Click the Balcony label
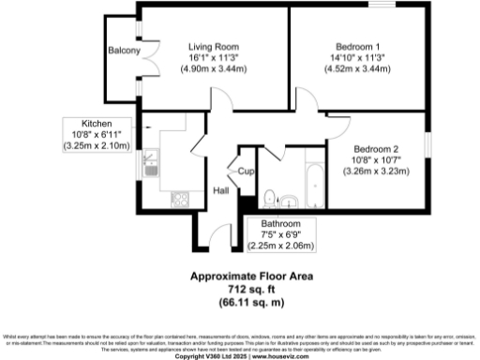[x=124, y=50]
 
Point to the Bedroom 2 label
[x=376, y=149]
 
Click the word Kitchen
[x=97, y=124]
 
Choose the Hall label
[x=221, y=191]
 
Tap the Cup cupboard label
[x=246, y=171]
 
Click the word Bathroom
[x=280, y=224]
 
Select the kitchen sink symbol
[x=150, y=168]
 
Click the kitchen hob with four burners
[x=178, y=200]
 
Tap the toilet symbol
[x=269, y=197]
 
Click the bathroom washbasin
[x=291, y=200]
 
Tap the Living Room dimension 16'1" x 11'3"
[x=213, y=57]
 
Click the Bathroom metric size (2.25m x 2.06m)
[x=280, y=246]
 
